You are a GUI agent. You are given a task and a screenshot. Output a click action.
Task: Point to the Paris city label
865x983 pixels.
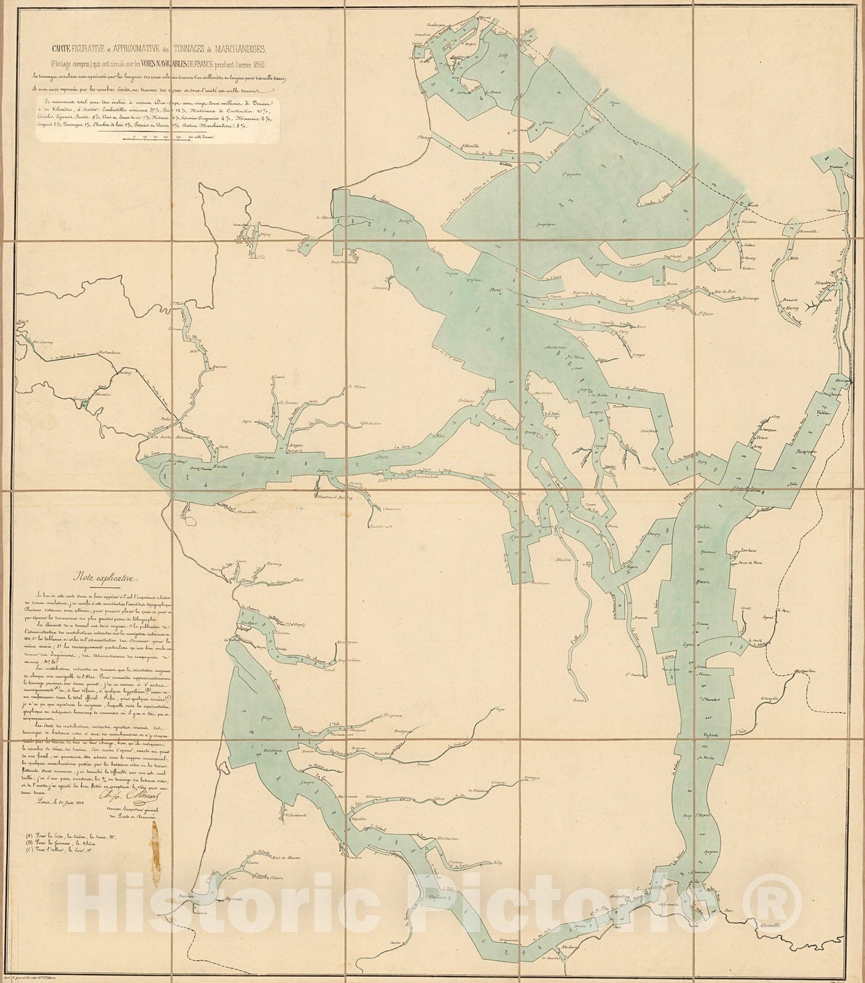tap(496, 290)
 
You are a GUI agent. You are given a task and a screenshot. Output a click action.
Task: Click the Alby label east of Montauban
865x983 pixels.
tap(498, 863)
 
